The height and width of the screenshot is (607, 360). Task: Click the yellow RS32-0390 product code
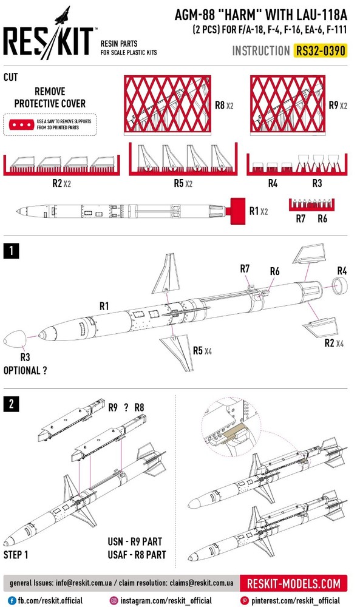click(320, 51)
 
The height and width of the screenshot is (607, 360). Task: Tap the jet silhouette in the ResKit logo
click(63, 15)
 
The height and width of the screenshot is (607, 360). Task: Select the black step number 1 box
click(11, 251)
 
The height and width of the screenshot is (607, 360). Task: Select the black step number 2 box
click(11, 404)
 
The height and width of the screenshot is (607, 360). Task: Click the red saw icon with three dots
click(22, 124)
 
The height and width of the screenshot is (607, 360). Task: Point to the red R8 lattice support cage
click(168, 104)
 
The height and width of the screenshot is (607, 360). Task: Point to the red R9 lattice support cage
click(288, 104)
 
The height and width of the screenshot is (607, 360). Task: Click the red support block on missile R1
click(236, 211)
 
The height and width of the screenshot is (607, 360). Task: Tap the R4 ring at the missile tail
click(341, 287)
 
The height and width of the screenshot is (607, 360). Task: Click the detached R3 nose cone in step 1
click(15, 339)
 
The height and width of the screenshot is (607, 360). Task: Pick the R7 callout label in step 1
click(245, 269)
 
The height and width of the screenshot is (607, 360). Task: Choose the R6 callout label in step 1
click(275, 271)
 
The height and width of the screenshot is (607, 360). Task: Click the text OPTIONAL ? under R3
click(25, 370)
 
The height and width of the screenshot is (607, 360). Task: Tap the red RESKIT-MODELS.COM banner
click(293, 584)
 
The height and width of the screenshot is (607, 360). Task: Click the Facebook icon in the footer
click(12, 600)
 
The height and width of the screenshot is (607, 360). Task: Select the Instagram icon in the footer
click(114, 600)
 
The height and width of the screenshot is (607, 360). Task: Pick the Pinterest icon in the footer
click(244, 600)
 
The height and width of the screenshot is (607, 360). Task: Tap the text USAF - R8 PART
click(137, 555)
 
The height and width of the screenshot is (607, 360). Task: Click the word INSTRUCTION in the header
click(261, 51)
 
